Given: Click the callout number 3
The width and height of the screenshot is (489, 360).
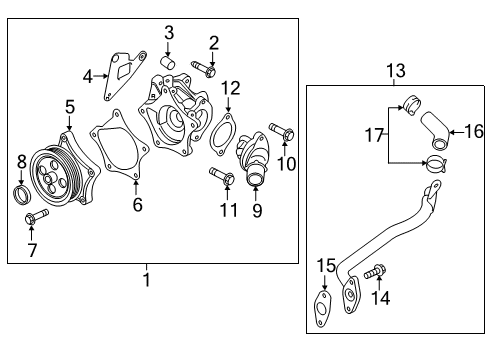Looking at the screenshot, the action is click(x=169, y=33).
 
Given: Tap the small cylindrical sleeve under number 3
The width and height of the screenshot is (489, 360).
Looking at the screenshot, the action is click(x=168, y=62).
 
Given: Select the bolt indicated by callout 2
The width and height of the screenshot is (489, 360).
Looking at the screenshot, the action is click(x=204, y=68).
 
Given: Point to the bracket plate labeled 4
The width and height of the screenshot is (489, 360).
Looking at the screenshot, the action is click(x=124, y=74).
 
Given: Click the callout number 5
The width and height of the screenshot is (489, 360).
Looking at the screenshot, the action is click(x=70, y=107).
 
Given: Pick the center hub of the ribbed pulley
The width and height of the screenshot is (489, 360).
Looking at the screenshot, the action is click(x=48, y=179).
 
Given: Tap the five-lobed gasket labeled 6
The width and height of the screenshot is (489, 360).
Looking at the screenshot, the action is click(x=119, y=146).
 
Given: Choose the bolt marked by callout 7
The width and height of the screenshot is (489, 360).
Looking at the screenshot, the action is click(x=36, y=216).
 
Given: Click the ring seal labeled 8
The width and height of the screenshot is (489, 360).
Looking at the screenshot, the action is click(x=22, y=195).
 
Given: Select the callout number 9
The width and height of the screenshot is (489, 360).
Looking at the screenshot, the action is click(x=257, y=210).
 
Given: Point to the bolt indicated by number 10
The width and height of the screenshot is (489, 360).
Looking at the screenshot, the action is click(x=282, y=131).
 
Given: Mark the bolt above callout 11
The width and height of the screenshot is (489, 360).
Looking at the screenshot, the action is click(x=222, y=176).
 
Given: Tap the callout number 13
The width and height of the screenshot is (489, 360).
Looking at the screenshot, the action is click(x=396, y=71).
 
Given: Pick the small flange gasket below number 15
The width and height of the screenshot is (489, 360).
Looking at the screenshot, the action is click(x=323, y=308).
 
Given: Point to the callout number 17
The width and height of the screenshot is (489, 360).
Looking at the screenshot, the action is click(x=375, y=135).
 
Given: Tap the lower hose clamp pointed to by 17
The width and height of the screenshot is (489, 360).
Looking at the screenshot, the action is click(x=437, y=164).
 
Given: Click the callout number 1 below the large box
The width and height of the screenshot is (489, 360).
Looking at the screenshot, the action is click(x=147, y=280).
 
